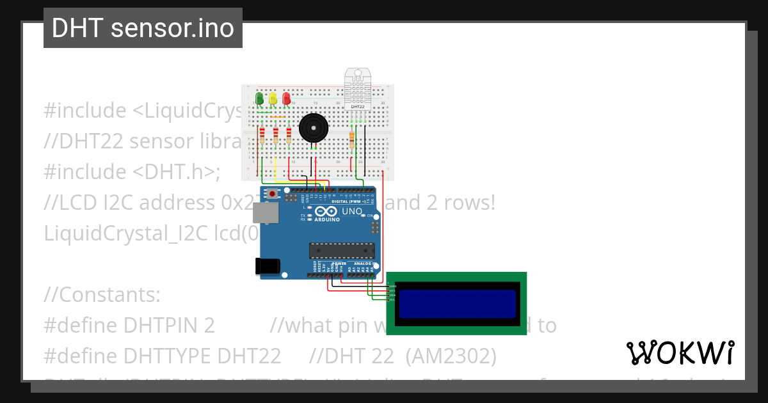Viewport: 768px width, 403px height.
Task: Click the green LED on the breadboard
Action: click(259, 99)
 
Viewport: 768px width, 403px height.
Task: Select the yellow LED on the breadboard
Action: click(273, 99)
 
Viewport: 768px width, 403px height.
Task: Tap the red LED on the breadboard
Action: click(286, 99)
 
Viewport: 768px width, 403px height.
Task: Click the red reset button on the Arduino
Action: click(273, 193)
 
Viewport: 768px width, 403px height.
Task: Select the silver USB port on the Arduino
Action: click(266, 213)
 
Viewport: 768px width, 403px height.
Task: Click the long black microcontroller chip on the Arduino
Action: click(341, 251)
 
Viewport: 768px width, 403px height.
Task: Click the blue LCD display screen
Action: click(457, 304)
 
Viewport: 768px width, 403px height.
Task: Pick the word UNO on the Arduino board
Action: click(353, 212)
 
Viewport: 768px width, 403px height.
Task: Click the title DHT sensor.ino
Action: click(143, 28)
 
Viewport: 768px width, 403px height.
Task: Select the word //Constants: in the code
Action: click(102, 295)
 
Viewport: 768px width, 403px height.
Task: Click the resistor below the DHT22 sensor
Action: click(352, 138)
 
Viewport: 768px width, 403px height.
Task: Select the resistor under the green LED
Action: click(262, 136)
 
